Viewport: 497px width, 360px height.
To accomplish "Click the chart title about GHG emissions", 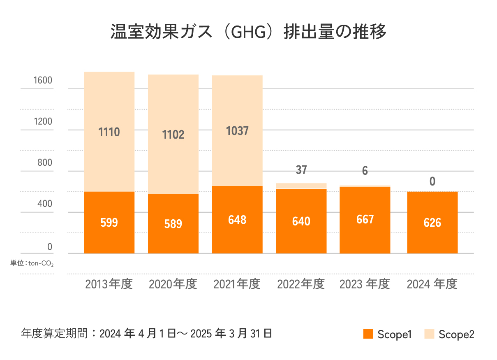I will click(x=248, y=32).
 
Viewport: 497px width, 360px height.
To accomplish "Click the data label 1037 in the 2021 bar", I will click(x=237, y=131).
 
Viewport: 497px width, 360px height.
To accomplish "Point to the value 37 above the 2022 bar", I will click(x=301, y=170).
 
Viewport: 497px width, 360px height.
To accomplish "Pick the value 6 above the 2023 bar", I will click(x=365, y=171).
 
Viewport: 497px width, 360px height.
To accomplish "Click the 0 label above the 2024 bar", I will click(x=432, y=181).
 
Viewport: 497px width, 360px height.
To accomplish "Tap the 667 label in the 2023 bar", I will click(x=365, y=219).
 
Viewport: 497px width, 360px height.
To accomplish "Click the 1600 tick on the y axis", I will click(x=43, y=80).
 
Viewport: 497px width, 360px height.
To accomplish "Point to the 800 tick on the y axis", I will click(x=45, y=163).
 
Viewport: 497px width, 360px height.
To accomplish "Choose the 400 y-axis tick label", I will click(x=45, y=204).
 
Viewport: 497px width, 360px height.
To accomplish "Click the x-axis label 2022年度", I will click(x=301, y=284).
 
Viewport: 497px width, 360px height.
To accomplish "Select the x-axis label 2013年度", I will click(x=109, y=284).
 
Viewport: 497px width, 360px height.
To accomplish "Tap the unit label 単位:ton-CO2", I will click(x=32, y=263).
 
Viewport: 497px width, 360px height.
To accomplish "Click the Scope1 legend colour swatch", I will click(x=368, y=334).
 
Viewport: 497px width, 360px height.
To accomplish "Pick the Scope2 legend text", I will click(x=456, y=334).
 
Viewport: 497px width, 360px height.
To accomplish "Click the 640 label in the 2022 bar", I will click(x=301, y=221).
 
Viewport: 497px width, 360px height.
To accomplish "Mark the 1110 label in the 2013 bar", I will click(x=109, y=132).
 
